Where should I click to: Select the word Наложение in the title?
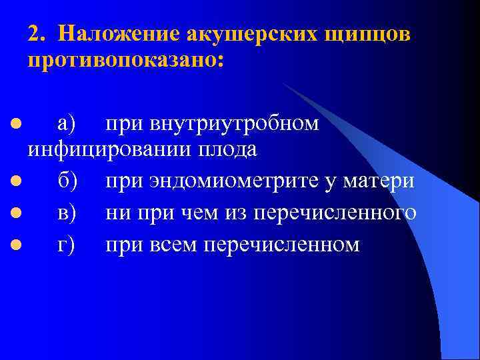click(113, 33)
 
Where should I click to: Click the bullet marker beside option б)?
click(13, 181)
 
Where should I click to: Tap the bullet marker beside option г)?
click(13, 245)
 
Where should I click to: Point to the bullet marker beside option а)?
click(13, 124)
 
